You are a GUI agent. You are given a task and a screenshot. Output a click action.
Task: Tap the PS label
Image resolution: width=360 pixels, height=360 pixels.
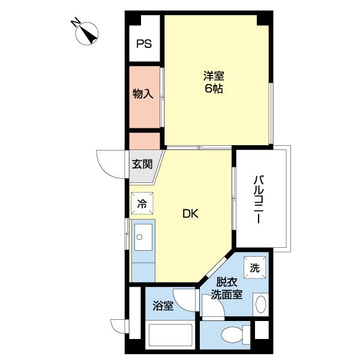[143, 43]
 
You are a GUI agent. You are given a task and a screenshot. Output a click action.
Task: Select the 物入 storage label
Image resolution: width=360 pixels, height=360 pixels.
[143, 94]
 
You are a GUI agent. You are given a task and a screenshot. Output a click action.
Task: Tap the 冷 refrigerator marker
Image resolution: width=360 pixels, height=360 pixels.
[142, 203]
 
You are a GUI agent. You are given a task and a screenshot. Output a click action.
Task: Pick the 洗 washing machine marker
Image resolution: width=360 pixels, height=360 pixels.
[254, 268]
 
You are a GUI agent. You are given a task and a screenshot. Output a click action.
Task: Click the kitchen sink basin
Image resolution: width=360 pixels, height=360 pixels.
[143, 238]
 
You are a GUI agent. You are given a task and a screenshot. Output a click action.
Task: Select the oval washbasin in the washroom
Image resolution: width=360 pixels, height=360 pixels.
[260, 304]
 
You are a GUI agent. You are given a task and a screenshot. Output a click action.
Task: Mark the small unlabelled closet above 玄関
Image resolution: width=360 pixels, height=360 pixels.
[144, 140]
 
